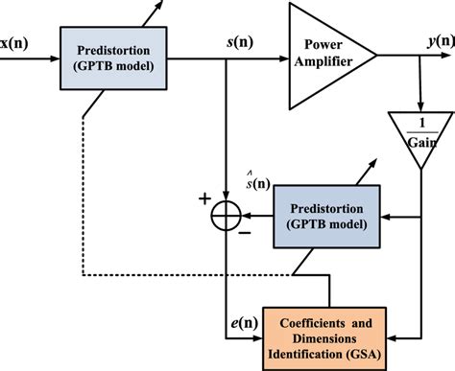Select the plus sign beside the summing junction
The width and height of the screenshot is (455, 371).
[204, 199]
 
